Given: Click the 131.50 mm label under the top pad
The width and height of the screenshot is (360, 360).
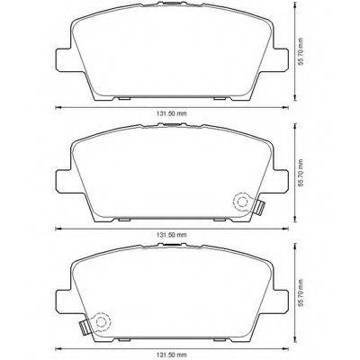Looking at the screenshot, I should pyautogui.click(x=166, y=113).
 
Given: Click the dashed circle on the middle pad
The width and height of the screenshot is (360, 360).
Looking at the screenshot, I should pyautogui.click(x=239, y=202).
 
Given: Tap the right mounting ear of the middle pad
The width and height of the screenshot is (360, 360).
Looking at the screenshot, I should pyautogui.click(x=272, y=178).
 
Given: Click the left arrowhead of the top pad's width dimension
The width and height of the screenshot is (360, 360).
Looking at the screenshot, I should pyautogui.click(x=58, y=108).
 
